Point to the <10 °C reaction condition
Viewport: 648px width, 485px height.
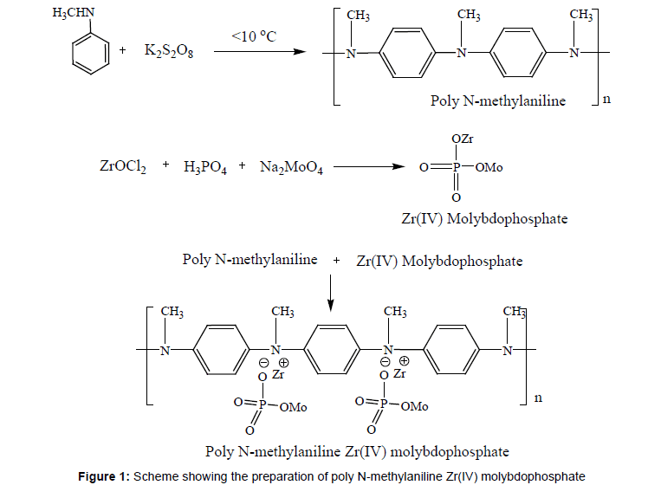pos(256,36)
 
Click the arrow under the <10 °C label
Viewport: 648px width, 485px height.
pos(260,51)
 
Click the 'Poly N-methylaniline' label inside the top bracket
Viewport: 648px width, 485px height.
pos(498,101)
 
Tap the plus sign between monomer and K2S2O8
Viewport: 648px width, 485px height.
pos(123,51)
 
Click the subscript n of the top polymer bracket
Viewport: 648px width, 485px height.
pos(606,100)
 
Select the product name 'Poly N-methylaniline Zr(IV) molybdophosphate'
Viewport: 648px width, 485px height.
pos(357,451)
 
